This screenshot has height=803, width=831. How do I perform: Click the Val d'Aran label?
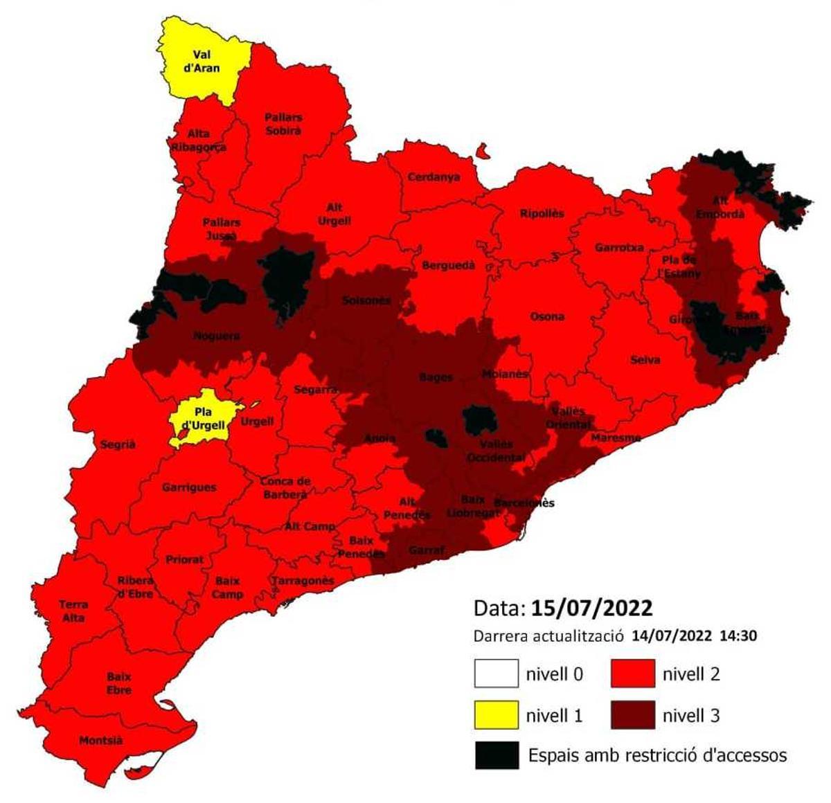tap(202, 62)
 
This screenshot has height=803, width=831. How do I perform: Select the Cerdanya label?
tap(434, 177)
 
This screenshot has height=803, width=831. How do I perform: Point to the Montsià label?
tap(100, 741)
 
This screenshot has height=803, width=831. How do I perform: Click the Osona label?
tap(547, 317)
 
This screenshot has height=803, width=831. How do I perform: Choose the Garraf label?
tap(426, 550)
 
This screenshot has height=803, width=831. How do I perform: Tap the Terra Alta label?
tap(73, 611)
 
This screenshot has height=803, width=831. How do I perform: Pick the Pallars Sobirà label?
tap(283, 124)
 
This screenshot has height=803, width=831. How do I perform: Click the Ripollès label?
tap(542, 214)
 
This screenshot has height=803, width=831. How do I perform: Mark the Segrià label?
tap(118, 445)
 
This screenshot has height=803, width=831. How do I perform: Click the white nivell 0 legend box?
tap(496, 674)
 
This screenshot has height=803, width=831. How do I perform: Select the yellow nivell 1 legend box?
tap(496, 714)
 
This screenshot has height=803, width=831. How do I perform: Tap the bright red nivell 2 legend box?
tap(632, 674)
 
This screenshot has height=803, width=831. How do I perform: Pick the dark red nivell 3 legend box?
tap(632, 714)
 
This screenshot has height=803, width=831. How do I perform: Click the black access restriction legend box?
tap(497, 755)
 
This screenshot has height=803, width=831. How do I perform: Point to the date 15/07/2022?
tap(591, 608)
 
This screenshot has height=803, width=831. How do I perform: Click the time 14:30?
tap(738, 635)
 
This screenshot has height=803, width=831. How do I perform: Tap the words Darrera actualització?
tap(549, 635)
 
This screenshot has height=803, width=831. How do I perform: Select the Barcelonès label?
tap(524, 503)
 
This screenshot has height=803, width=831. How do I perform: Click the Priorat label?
tap(184, 559)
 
